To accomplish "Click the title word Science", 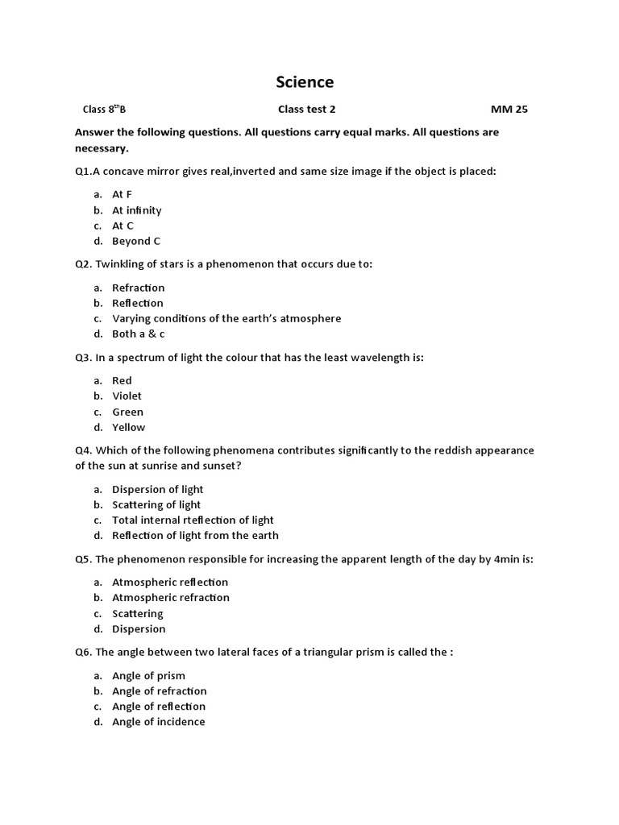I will (305, 82).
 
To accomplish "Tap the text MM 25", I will (509, 110).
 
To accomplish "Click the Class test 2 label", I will (306, 110).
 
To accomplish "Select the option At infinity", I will (136, 210).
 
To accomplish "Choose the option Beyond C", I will (136, 241).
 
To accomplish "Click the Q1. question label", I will (83, 172).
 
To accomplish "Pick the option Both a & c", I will (138, 334).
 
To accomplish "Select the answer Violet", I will (127, 396).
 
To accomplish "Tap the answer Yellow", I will (128, 427).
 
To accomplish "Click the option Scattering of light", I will (156, 504).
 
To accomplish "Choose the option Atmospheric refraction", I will (171, 597).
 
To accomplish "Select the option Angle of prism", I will (148, 675).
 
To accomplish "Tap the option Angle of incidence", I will (159, 722).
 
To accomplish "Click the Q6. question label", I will (83, 652).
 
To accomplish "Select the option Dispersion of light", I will (157, 489).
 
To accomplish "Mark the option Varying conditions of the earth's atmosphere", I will (226, 318).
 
